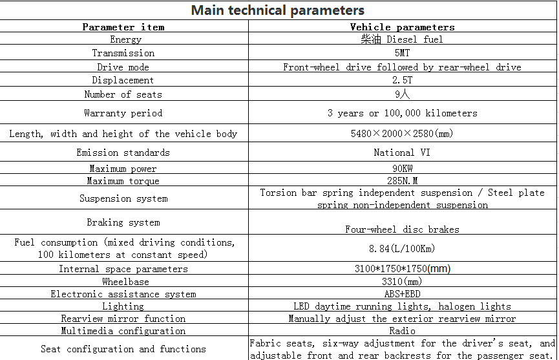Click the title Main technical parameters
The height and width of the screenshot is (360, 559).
click(278, 10)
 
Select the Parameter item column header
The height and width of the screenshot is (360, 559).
click(123, 27)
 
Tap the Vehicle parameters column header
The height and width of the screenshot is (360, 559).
click(402, 27)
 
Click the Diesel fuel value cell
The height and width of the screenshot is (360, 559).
click(402, 39)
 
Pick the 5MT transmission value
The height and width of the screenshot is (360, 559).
click(402, 53)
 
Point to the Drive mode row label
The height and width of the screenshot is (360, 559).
click(123, 67)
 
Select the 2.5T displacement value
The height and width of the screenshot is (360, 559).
click(402, 80)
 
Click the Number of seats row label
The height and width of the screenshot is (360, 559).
click(123, 94)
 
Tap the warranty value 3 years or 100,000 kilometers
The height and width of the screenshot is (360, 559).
click(402, 113)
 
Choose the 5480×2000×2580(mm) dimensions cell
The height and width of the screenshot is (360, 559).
click(402, 134)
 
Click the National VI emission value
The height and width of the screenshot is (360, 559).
click(402, 153)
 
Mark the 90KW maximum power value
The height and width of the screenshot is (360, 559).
click(402, 169)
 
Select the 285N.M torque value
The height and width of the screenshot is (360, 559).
click(402, 181)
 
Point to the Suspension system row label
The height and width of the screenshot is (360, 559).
click(123, 198)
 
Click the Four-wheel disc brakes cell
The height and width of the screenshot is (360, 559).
click(402, 229)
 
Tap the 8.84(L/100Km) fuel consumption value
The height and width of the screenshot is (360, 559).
click(402, 248)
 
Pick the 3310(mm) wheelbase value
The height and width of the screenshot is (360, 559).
click(402, 282)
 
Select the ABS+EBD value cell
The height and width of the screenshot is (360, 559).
click(402, 294)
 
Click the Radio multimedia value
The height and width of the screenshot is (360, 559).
click(402, 331)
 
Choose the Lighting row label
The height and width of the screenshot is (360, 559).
click(123, 306)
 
